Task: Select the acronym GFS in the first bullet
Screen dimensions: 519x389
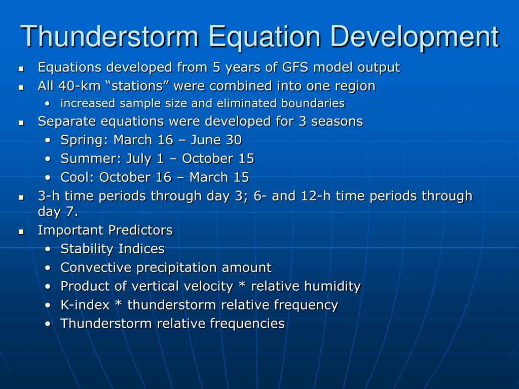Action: (x=295, y=67)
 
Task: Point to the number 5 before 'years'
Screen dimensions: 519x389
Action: (x=216, y=67)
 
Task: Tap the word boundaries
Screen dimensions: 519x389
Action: (x=313, y=103)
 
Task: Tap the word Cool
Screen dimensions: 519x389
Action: (x=78, y=177)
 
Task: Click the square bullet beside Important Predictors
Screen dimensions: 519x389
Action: (x=21, y=231)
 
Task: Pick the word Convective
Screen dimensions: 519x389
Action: (x=96, y=267)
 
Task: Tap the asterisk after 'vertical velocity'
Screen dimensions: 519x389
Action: (x=242, y=285)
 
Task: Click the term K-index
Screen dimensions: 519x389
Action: (x=85, y=305)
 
